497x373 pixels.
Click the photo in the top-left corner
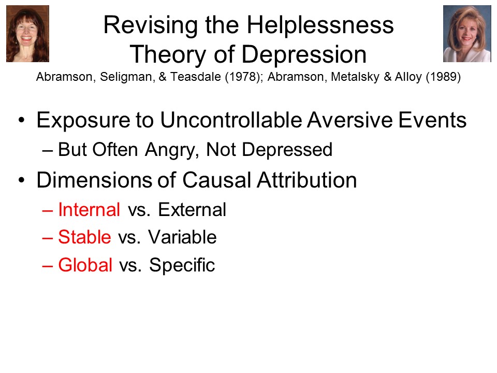coord(27,34)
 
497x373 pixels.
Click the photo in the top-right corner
coord(467,34)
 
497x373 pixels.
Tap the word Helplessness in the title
coord(320,25)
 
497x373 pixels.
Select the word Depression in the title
coord(304,54)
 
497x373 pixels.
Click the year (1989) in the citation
coord(443,77)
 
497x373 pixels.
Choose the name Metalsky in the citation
coord(355,77)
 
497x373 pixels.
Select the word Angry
coord(172,150)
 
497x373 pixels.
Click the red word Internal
coord(89,210)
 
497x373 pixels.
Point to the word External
coord(192,210)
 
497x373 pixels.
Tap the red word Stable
coord(84,237)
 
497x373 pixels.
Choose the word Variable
coord(182,237)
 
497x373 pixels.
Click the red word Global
coord(85,265)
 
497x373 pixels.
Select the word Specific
coord(182,265)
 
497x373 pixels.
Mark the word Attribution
coord(307,180)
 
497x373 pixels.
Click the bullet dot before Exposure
coord(21,120)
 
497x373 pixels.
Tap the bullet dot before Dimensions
coord(21,180)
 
